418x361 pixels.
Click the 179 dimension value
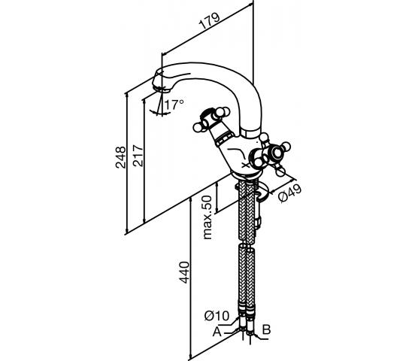(210, 20)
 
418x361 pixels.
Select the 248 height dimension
(120, 157)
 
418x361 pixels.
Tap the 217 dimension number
(138, 156)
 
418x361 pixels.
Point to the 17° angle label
(174, 105)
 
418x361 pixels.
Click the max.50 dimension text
(207, 217)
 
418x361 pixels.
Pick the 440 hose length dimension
(184, 272)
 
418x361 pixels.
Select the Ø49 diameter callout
(289, 193)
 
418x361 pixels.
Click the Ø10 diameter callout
(217, 316)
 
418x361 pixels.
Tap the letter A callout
(217, 332)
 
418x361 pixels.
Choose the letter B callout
(266, 329)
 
